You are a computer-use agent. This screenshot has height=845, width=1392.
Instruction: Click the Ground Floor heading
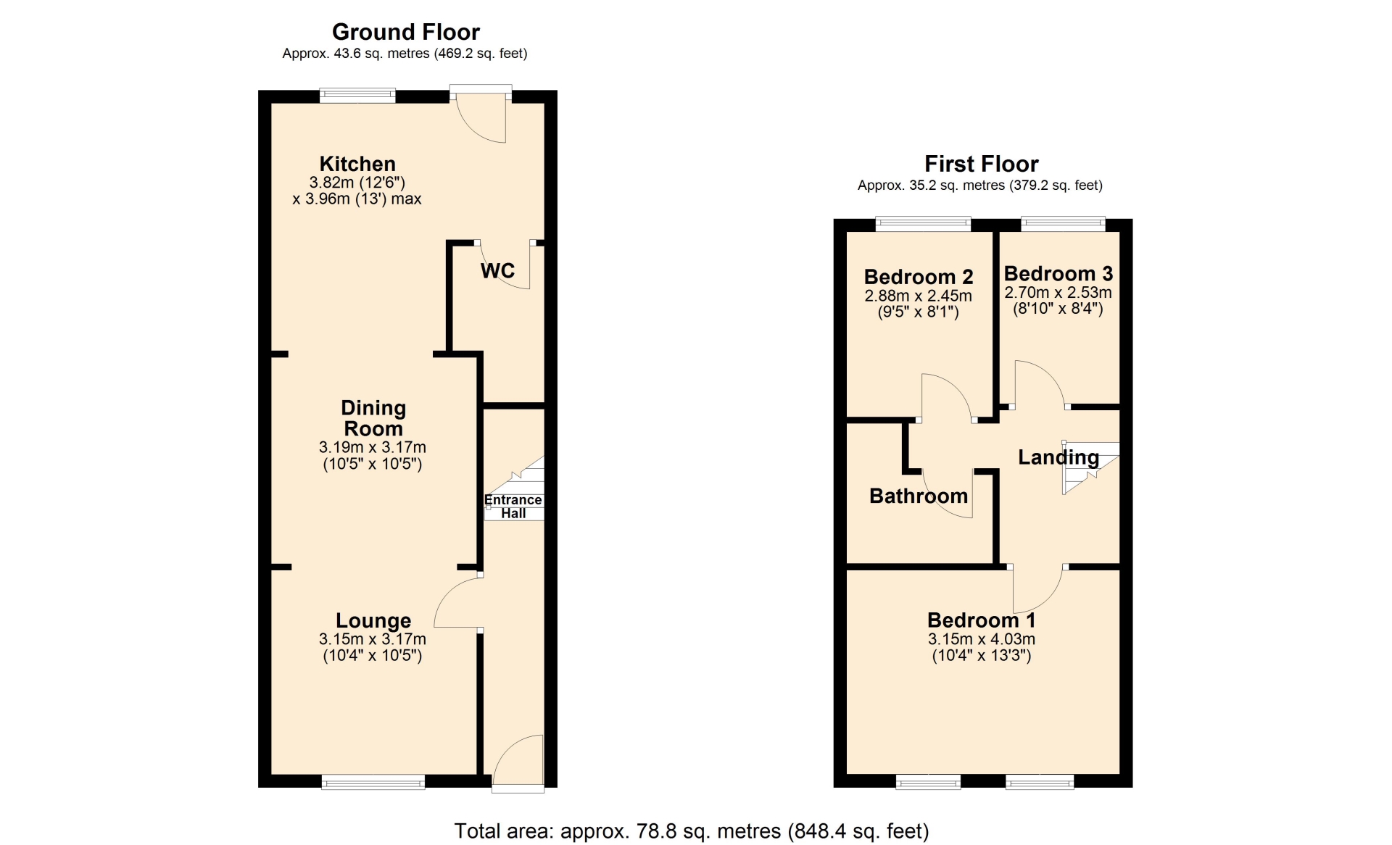point(405,32)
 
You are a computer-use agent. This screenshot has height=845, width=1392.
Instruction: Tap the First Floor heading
point(981,164)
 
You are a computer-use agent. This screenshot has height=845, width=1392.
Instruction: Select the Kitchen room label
point(357,164)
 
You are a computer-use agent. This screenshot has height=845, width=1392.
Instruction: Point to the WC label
point(497,271)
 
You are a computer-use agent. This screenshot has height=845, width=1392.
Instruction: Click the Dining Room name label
point(373,418)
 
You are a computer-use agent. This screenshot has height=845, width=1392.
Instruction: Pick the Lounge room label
point(373,621)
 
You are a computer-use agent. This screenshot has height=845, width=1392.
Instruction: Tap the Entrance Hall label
point(513,507)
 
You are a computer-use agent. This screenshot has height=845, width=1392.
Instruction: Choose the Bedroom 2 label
point(919,277)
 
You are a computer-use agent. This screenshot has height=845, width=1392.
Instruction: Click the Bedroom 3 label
point(1058,274)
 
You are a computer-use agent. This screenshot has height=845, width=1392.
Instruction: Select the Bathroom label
point(919,496)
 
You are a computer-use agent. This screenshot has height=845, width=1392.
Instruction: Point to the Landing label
point(1058,457)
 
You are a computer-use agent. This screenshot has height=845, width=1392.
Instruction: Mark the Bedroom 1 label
point(982,620)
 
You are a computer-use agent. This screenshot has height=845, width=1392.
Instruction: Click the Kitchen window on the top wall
point(357,96)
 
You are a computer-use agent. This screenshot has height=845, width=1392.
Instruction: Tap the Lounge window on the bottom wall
point(373,781)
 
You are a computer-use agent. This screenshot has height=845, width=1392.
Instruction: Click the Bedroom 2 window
point(923,224)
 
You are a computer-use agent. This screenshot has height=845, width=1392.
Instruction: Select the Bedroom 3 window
point(1064,224)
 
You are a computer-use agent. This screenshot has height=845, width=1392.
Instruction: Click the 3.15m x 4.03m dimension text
point(982,639)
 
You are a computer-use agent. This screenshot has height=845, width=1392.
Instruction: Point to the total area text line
point(692,831)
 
